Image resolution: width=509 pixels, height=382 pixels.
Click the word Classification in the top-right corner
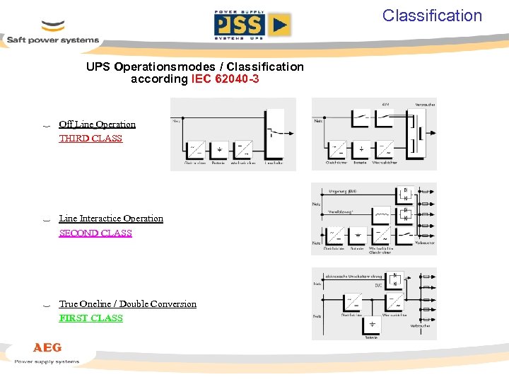(x=432, y=16)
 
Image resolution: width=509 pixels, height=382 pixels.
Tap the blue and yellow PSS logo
(x=252, y=25)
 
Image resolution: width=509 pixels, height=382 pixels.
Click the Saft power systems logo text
(x=53, y=40)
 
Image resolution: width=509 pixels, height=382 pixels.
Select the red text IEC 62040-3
(x=225, y=79)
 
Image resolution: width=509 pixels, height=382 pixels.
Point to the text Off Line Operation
(x=97, y=125)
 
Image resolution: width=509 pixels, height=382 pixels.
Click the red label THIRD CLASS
(x=90, y=139)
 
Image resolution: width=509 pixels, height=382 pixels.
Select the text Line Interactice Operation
(x=111, y=219)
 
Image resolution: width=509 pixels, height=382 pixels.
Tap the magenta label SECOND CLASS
(x=95, y=233)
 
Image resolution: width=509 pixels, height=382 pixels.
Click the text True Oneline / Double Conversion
(x=128, y=304)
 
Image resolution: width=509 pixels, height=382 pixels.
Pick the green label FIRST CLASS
(x=91, y=318)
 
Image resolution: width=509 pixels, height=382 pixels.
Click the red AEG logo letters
(x=47, y=347)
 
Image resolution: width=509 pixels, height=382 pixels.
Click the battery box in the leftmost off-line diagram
(x=219, y=149)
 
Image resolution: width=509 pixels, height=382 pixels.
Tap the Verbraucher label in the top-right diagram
(x=425, y=104)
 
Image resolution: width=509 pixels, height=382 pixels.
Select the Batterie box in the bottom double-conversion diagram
(x=371, y=325)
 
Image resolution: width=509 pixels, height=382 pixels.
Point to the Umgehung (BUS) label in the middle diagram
(x=344, y=192)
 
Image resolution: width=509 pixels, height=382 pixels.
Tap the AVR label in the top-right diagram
(x=385, y=104)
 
